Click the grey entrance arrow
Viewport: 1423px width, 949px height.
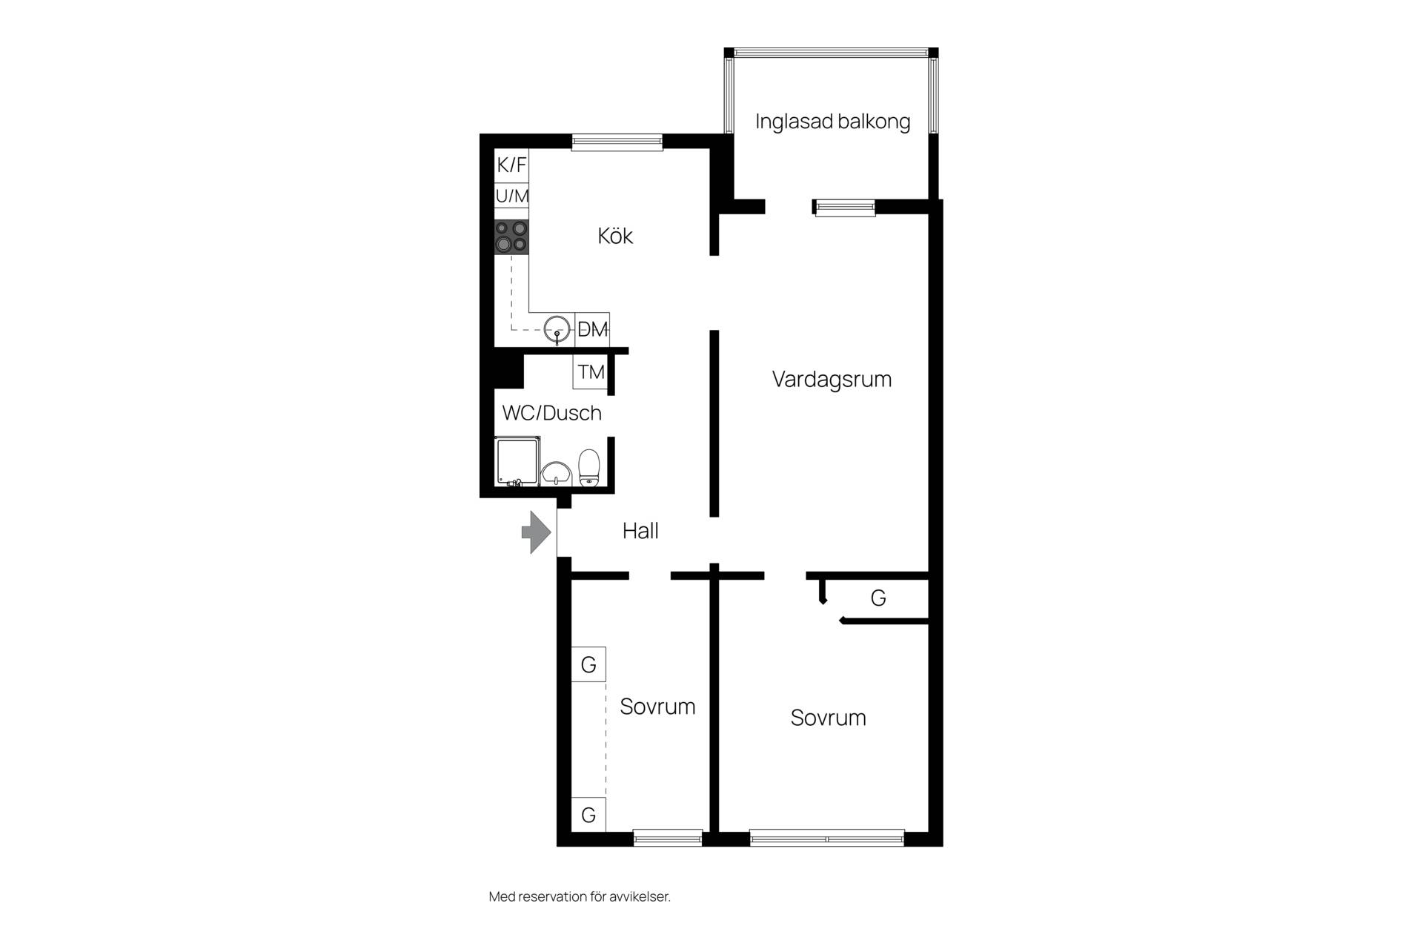coord(537,532)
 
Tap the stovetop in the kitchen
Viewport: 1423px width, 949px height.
coord(511,237)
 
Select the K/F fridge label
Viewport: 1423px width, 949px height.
coord(511,165)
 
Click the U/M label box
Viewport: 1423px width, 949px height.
coord(511,196)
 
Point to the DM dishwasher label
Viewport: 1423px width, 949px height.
coord(592,329)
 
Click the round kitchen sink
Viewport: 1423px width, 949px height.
coord(558,329)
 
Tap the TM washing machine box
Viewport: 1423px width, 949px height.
coord(591,371)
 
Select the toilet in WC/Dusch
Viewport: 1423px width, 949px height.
coord(589,467)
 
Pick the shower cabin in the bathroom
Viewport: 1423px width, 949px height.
coord(517,462)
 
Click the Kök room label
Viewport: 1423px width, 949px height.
coord(615,236)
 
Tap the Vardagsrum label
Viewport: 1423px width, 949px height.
coord(832,379)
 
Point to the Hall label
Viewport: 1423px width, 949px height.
coord(640,531)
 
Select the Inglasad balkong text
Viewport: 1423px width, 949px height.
coord(832,122)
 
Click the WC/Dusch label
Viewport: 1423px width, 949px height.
coord(552,413)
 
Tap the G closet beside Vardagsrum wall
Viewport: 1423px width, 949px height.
coord(878,598)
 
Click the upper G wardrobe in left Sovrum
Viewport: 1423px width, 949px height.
coord(588,664)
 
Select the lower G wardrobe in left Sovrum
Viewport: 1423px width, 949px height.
coord(588,815)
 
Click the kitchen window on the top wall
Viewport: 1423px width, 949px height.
coord(617,142)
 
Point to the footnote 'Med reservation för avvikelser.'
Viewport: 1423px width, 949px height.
coord(580,896)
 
